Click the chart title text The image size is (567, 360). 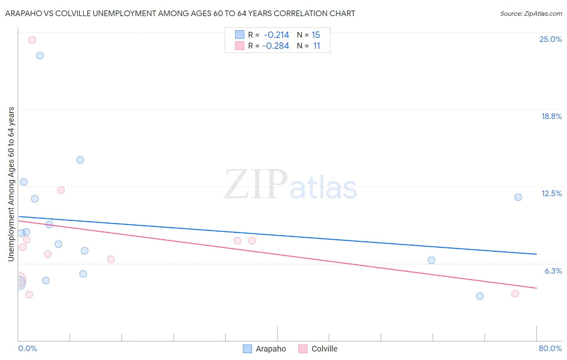tap(180, 13)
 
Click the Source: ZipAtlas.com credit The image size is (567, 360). tap(531, 13)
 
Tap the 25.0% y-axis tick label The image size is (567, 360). tap(550, 39)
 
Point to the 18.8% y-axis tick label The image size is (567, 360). tap(551, 116)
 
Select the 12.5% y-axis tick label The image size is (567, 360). tap(551, 193)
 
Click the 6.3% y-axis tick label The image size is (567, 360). tap(553, 271)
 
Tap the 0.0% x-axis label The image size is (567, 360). tap(27, 348)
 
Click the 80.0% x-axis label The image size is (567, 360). tap(550, 348)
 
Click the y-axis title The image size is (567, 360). tap(11, 184)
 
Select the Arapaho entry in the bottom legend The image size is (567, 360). tap(270, 349)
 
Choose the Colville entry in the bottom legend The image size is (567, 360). tap(324, 349)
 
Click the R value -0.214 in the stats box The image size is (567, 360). tap(276, 35)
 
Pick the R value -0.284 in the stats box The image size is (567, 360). tap(275, 46)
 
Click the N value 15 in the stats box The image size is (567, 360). tap(316, 35)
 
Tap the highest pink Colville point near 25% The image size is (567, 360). tap(32, 40)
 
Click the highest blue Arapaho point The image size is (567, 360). tap(40, 55)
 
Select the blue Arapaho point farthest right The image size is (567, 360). tap(518, 197)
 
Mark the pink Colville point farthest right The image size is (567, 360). tap(515, 293)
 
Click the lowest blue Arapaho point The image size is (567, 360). tap(480, 296)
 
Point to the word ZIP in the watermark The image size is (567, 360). tap(255, 185)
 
